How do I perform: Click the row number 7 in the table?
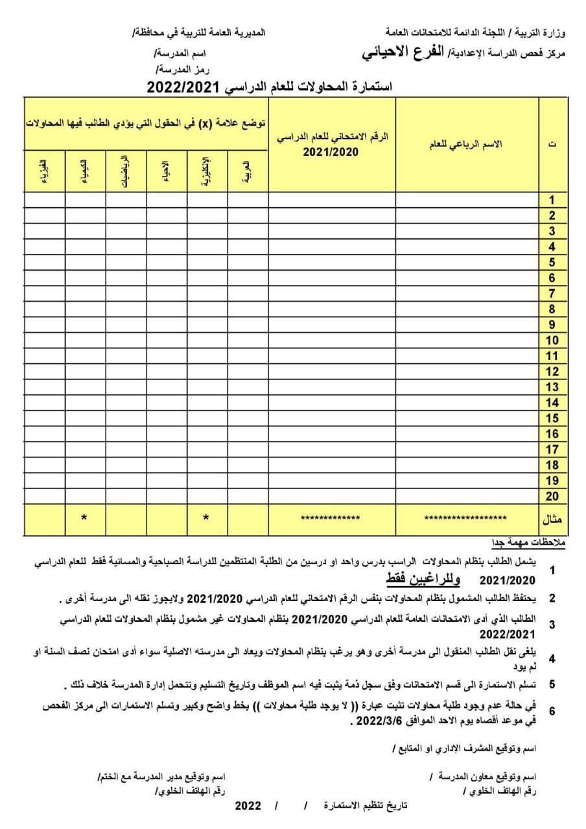coord(552,293)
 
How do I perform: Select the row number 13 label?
coord(552,387)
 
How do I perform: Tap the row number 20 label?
coord(552,496)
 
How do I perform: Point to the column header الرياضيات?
coord(126,171)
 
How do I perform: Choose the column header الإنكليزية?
coord(207,171)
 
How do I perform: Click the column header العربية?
coord(248,171)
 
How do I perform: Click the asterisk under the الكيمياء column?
coord(84,518)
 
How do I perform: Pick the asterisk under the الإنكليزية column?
coord(207,518)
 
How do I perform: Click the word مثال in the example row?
coord(552,519)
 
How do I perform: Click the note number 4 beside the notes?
coord(552,659)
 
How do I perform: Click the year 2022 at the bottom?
coord(248,806)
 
